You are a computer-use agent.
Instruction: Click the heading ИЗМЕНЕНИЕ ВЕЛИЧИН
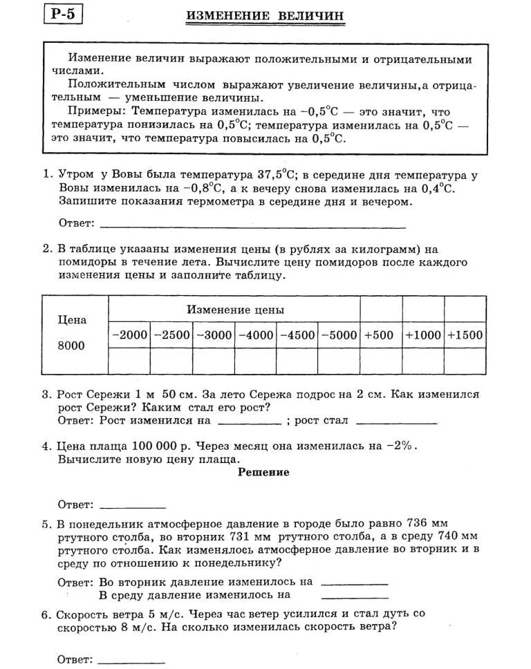[x=265, y=16]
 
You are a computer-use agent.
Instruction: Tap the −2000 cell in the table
[x=129, y=335]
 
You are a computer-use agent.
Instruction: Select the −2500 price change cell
[x=171, y=335]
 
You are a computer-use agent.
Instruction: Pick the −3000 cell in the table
[x=214, y=335]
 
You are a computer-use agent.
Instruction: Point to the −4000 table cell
[x=256, y=335]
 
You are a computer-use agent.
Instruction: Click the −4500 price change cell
[x=297, y=335]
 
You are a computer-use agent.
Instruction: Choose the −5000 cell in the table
[x=339, y=335]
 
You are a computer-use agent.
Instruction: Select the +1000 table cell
[x=422, y=335]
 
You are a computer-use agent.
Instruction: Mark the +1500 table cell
[x=465, y=335]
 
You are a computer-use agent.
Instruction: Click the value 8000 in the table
[x=71, y=346]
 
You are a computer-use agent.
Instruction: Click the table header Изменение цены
[x=235, y=310]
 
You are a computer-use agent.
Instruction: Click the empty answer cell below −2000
[x=129, y=360]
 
